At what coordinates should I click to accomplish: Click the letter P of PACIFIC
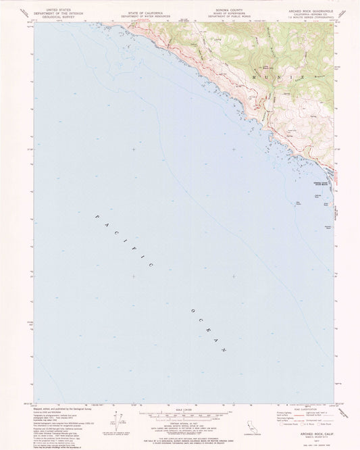click(97, 216)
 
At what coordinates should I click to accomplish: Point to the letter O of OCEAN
click(193, 310)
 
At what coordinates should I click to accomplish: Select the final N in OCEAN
click(224, 349)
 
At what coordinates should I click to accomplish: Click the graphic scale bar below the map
click(179, 414)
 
